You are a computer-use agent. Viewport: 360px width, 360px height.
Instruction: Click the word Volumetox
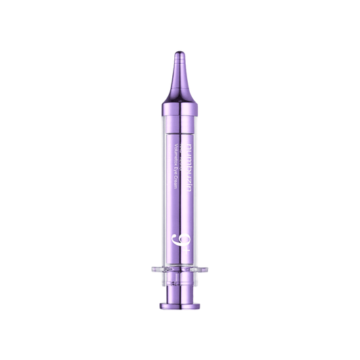(178, 155)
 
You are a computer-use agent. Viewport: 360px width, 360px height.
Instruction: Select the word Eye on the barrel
(178, 171)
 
